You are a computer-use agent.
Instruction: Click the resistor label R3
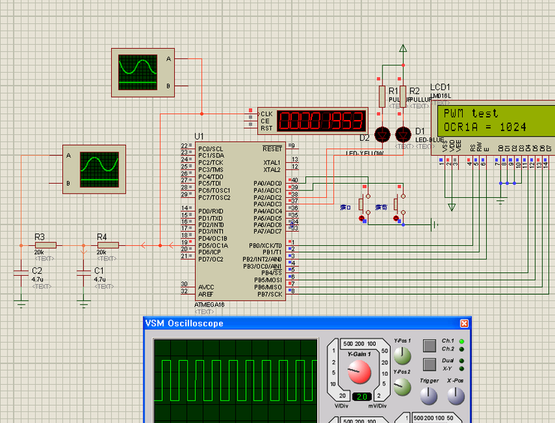pyautogui.click(x=40, y=236)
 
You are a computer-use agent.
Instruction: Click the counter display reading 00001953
pyautogui.click(x=320, y=120)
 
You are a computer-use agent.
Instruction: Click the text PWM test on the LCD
pyautogui.click(x=470, y=113)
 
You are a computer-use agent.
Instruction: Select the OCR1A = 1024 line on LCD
pyautogui.click(x=484, y=127)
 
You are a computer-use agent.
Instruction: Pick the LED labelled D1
pyautogui.click(x=403, y=134)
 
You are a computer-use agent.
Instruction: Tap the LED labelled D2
pyautogui.click(x=382, y=134)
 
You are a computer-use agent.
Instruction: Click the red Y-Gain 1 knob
pyautogui.click(x=358, y=370)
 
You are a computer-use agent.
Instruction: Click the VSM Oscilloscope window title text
pyautogui.click(x=184, y=323)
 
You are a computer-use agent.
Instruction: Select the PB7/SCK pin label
pyautogui.click(x=268, y=293)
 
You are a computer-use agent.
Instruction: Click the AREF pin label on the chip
pyautogui.click(x=206, y=292)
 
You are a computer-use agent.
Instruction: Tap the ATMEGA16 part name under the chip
pyautogui.click(x=211, y=304)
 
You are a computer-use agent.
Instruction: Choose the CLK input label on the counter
pyautogui.click(x=265, y=114)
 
